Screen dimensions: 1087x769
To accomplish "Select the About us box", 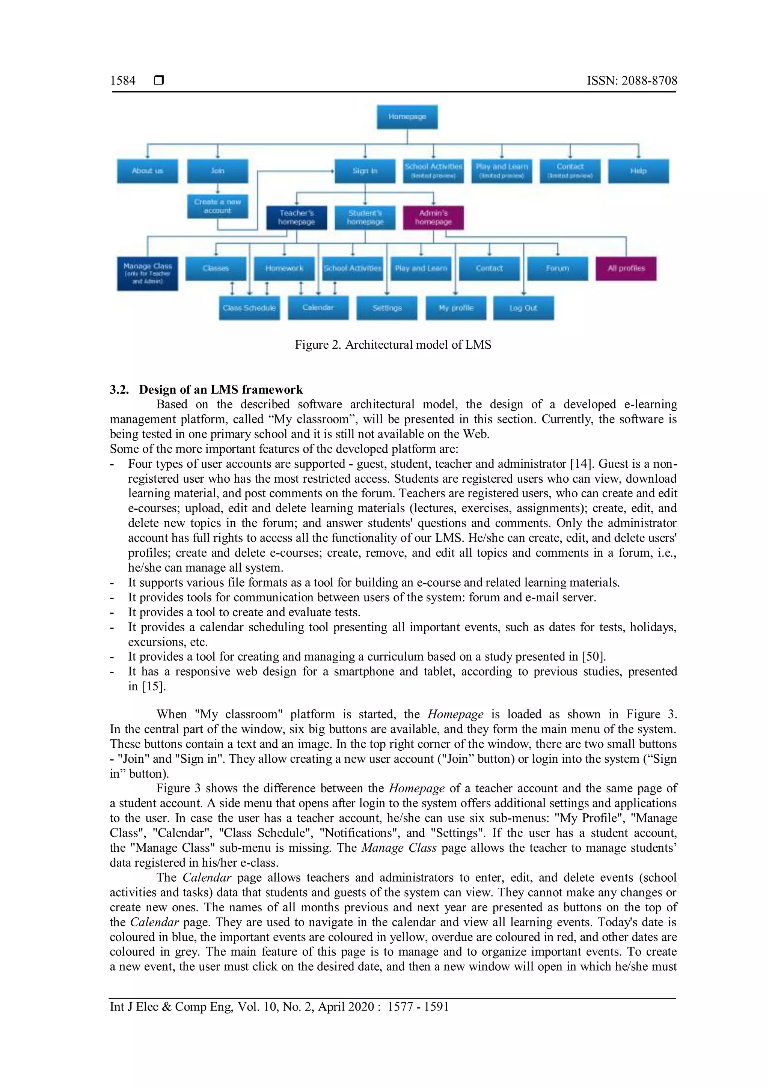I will pyautogui.click(x=147, y=171).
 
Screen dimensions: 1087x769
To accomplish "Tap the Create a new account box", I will pyautogui.click(x=217, y=206).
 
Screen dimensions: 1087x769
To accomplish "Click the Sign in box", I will pyautogui.click(x=365, y=171).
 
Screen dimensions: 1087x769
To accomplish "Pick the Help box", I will pyautogui.click(x=638, y=171).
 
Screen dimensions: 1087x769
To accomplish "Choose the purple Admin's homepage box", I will pyautogui.click(x=433, y=217).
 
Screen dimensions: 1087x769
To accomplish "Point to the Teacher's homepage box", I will pyautogui.click(x=296, y=217).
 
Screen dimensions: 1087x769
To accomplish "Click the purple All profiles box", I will pyautogui.click(x=626, y=268).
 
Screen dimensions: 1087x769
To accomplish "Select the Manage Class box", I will pyautogui.click(x=147, y=273).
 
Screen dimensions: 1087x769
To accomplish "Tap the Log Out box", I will pyautogui.click(x=523, y=308).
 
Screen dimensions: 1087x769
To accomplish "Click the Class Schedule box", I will pyautogui.click(x=249, y=308).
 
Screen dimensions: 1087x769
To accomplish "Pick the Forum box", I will pyautogui.click(x=557, y=268).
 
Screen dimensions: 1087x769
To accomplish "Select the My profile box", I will pyautogui.click(x=455, y=308).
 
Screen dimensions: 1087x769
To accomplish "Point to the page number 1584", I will pyautogui.click(x=123, y=80).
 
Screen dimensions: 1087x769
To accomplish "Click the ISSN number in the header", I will pyautogui.click(x=632, y=80).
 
